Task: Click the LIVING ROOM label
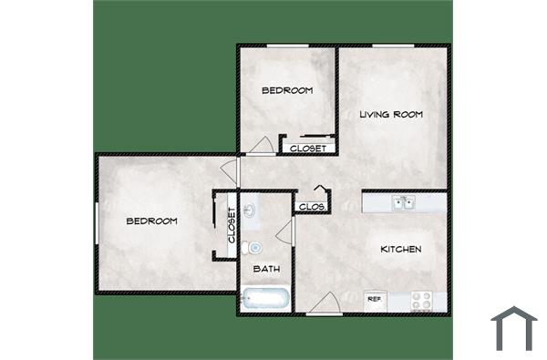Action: tap(391, 114)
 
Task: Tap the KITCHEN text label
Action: tap(400, 249)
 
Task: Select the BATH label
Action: tap(266, 269)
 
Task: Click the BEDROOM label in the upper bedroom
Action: tap(287, 90)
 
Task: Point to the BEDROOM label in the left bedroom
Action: tap(150, 221)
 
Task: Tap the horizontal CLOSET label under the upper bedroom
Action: tap(307, 147)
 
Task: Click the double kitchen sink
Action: tap(402, 202)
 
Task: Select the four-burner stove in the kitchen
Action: tap(421, 299)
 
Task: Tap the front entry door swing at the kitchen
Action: tap(325, 303)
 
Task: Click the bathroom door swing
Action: tap(284, 229)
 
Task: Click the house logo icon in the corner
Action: tap(513, 328)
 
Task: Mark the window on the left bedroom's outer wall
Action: tap(97, 223)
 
